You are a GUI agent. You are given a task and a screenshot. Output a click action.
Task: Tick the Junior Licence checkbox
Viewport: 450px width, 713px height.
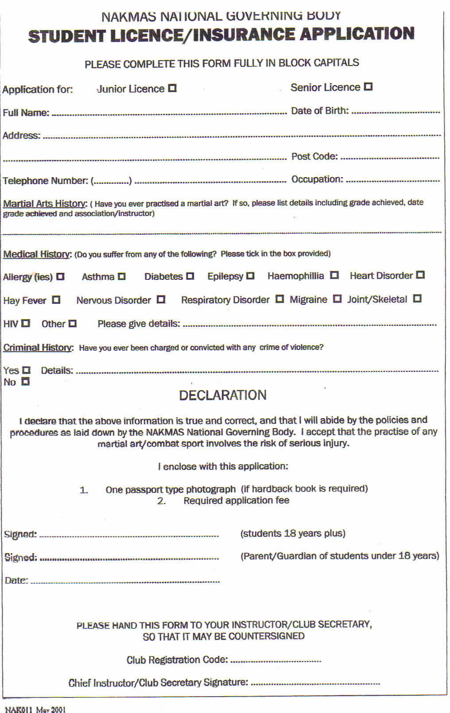(172, 88)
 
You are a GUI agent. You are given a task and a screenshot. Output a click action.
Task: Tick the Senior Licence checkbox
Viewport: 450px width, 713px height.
(368, 86)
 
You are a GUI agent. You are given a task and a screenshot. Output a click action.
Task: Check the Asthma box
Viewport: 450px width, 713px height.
(121, 276)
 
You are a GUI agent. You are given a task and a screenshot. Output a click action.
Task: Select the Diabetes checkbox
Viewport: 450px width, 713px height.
(190, 276)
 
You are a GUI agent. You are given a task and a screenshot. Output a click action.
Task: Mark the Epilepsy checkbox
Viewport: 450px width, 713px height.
(250, 275)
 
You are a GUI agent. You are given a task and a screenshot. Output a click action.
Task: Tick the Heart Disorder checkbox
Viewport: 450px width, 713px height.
(420, 275)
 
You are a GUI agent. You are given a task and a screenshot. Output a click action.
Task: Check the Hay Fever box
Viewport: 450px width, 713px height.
(56, 300)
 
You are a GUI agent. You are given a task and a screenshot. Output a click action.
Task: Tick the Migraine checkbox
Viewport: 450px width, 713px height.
(337, 298)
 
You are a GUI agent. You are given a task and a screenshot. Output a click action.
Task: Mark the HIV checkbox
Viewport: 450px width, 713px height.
(26, 323)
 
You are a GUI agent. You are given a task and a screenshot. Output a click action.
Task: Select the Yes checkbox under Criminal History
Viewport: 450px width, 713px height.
(27, 369)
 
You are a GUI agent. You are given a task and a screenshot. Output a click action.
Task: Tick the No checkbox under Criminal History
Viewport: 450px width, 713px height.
(26, 381)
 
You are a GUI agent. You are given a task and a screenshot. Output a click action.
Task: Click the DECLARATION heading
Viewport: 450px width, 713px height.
(223, 395)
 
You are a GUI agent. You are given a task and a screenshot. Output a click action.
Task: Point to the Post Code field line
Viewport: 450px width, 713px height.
(390, 157)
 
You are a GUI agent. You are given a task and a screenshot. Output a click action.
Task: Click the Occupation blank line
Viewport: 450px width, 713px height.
(392, 180)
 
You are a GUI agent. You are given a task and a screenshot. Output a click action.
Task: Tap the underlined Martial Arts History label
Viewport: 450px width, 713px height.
(45, 204)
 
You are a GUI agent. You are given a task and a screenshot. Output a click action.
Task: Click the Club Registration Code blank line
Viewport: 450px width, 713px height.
(275, 661)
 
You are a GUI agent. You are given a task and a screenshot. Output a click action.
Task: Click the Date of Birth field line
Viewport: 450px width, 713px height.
(395, 112)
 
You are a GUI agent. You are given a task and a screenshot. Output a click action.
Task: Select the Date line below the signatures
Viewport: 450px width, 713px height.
(125, 581)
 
